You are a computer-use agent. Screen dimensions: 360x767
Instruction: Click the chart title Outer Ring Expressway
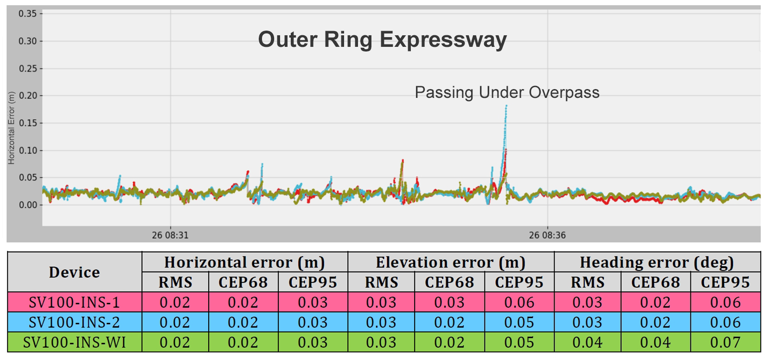382,39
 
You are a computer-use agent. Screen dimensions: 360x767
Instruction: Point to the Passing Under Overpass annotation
507,92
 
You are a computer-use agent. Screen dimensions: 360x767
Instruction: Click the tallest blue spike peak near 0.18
506,106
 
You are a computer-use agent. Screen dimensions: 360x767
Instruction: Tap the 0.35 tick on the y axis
27,14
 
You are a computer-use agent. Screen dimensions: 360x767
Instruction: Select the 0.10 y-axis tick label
27,150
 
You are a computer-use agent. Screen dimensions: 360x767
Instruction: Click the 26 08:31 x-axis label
170,235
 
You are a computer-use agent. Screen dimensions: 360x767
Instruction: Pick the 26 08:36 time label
547,235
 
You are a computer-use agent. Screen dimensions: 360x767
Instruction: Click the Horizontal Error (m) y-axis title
12,128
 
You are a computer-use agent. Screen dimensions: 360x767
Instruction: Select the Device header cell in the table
74,272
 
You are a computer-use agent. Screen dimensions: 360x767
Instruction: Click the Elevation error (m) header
450,263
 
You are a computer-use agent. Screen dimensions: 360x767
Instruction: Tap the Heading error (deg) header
657,263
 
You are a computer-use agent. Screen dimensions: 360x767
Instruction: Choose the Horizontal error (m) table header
244,263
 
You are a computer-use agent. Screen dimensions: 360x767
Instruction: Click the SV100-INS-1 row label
74,302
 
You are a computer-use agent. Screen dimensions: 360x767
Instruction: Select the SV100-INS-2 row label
74,322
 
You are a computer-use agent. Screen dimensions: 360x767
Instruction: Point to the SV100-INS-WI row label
74,342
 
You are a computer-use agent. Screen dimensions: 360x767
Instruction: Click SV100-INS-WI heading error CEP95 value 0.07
725,342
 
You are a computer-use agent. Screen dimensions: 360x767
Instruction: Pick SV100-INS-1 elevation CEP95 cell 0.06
519,302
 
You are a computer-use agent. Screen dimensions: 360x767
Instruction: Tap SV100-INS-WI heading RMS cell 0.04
587,342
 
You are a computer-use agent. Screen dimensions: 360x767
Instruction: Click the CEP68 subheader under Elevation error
449,283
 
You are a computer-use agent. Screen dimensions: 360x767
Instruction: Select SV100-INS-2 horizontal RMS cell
175,322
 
